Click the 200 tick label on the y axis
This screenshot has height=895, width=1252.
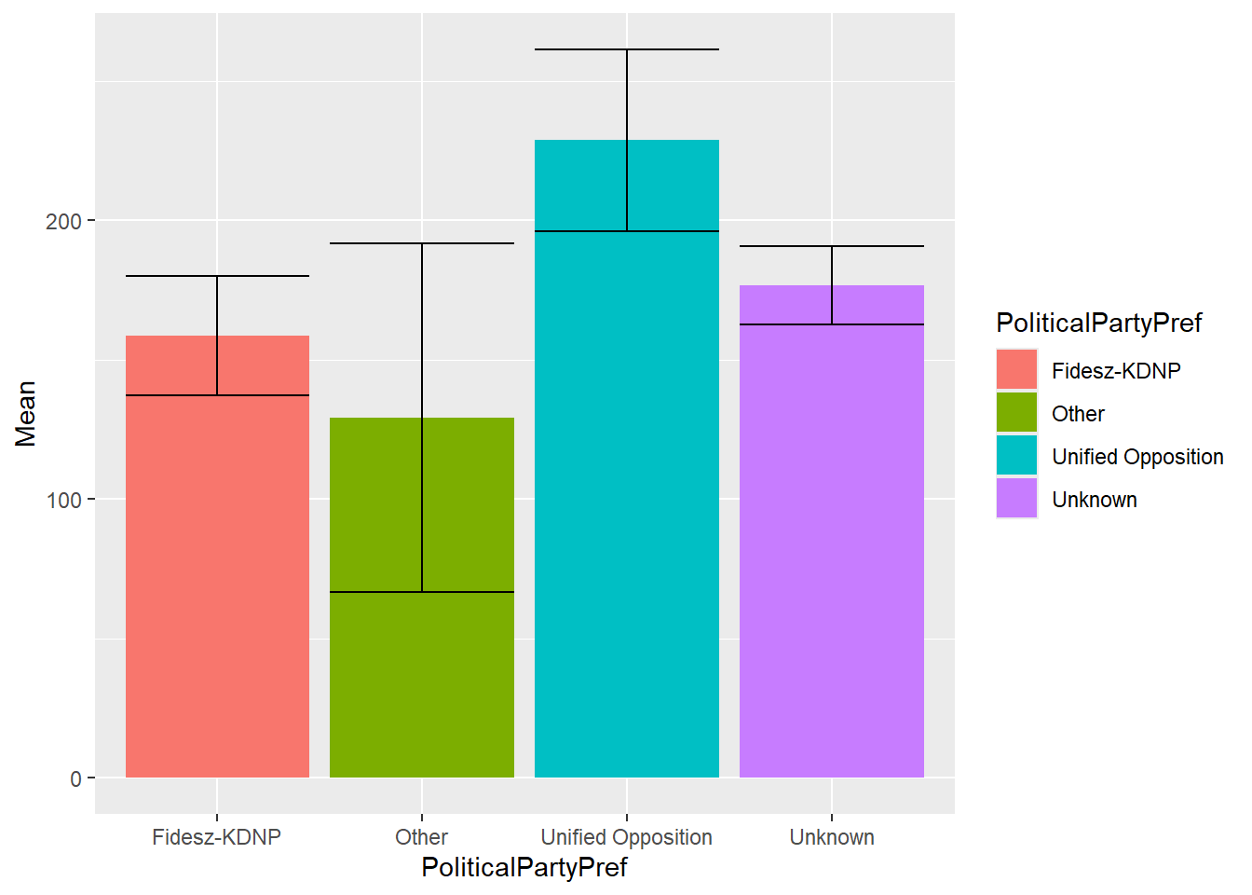[x=63, y=221]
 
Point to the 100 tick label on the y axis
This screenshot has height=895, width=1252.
[x=63, y=500]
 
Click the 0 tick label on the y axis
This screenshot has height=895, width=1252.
[x=75, y=778]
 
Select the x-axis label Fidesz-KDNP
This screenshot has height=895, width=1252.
[x=217, y=837]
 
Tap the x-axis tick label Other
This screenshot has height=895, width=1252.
[x=422, y=837]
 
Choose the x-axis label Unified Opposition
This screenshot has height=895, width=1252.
[x=627, y=837]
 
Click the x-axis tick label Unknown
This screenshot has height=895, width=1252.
[x=832, y=837]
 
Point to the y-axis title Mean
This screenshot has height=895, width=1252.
[x=25, y=413]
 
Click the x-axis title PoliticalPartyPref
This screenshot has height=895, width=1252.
[x=524, y=867]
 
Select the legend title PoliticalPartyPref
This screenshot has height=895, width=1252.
[x=1098, y=323]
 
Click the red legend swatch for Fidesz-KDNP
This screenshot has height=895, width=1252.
[x=1016, y=370]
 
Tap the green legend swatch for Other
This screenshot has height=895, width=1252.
[x=1016, y=413]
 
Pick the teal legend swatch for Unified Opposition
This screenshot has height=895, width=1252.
[x=1016, y=456]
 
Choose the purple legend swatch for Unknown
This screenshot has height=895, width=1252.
[x=1016, y=499]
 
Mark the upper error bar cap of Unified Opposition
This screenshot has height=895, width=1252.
[x=627, y=49]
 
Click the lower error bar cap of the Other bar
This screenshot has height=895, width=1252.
[x=422, y=592]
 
